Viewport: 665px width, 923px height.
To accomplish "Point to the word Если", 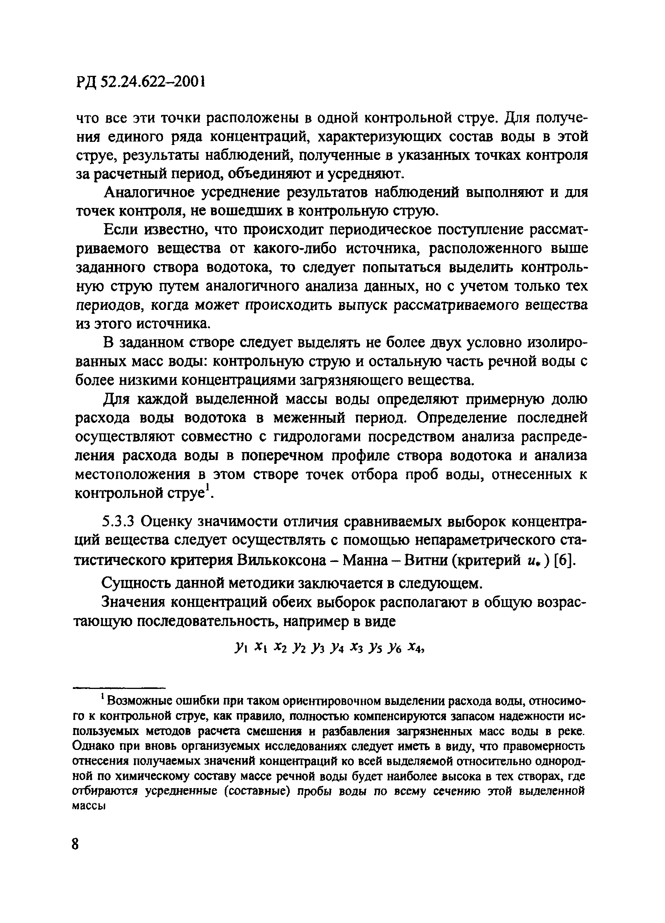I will (x=119, y=230).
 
